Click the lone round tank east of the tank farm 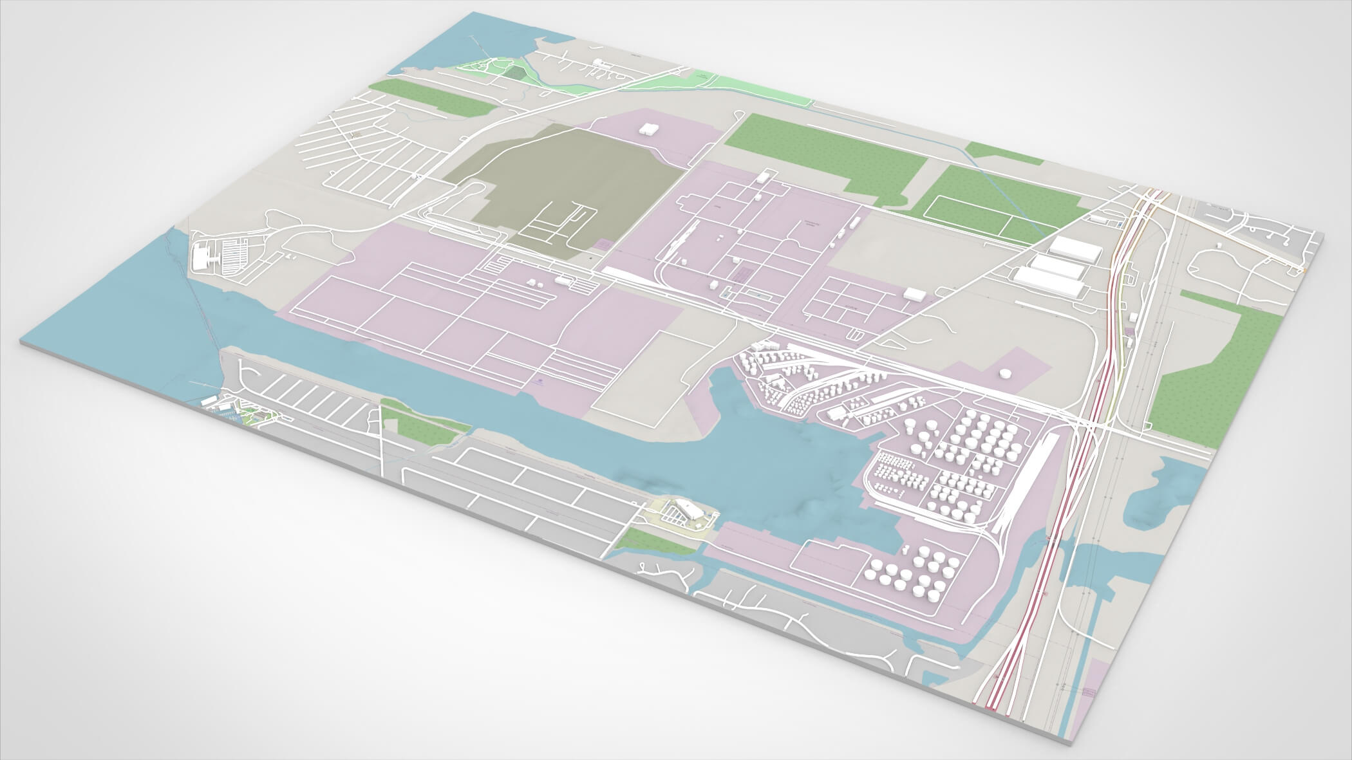1004,373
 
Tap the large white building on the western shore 205,257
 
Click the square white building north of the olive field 647,127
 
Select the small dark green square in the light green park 513,71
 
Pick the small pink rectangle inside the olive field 603,245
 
